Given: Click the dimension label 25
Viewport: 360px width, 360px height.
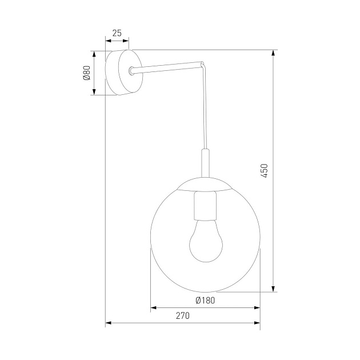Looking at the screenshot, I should pyautogui.click(x=117, y=33).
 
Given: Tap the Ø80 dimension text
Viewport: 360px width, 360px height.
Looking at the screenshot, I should pyautogui.click(x=87, y=73).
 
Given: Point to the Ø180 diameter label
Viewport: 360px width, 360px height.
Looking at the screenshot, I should pyautogui.click(x=205, y=301).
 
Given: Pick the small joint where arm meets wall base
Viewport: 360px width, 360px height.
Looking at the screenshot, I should pyautogui.click(x=132, y=70).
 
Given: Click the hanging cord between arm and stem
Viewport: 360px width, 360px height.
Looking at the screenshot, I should pyautogui.click(x=205, y=109).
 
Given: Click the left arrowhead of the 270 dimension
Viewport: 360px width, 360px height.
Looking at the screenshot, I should pyautogui.click(x=109, y=323).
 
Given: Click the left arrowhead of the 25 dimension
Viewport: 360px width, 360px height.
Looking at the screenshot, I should pyautogui.click(x=109, y=41).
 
